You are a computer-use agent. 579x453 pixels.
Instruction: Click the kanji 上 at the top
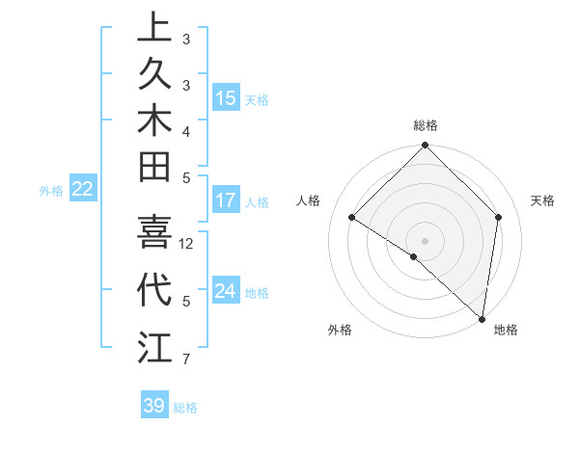click(x=154, y=29)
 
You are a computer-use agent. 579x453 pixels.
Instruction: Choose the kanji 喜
click(x=154, y=232)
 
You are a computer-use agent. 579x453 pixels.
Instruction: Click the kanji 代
click(x=154, y=289)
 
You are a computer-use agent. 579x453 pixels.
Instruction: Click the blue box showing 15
click(x=225, y=98)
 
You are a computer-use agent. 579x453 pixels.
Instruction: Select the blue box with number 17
click(x=225, y=201)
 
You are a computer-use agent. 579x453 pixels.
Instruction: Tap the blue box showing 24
click(x=225, y=291)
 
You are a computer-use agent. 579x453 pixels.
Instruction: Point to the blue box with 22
click(x=83, y=190)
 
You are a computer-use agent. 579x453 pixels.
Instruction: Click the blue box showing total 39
click(x=153, y=406)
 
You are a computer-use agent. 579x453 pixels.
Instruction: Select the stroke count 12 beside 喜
click(x=187, y=244)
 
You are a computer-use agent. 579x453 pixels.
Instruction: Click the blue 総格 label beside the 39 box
click(x=185, y=408)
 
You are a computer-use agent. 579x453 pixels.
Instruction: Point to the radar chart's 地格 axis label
click(x=506, y=330)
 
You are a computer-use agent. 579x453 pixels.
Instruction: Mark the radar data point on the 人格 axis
click(x=352, y=218)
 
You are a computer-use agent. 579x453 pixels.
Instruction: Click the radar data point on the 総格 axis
click(x=425, y=147)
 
